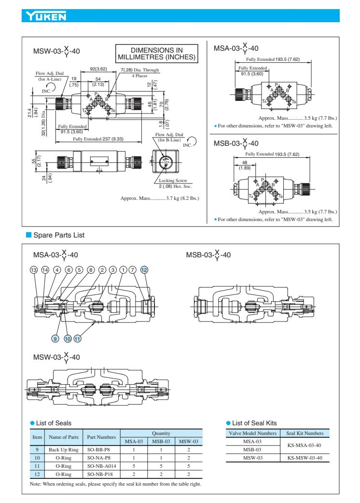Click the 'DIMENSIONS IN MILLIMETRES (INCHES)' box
[156, 54]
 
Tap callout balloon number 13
[34, 270]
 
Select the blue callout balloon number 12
[144, 270]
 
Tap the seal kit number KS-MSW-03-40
[304, 457]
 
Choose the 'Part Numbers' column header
[101, 437]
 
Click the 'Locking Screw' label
[173, 180]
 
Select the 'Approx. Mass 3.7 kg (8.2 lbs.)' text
[160, 198]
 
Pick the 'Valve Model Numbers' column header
[252, 433]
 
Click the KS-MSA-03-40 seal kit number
[304, 445]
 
